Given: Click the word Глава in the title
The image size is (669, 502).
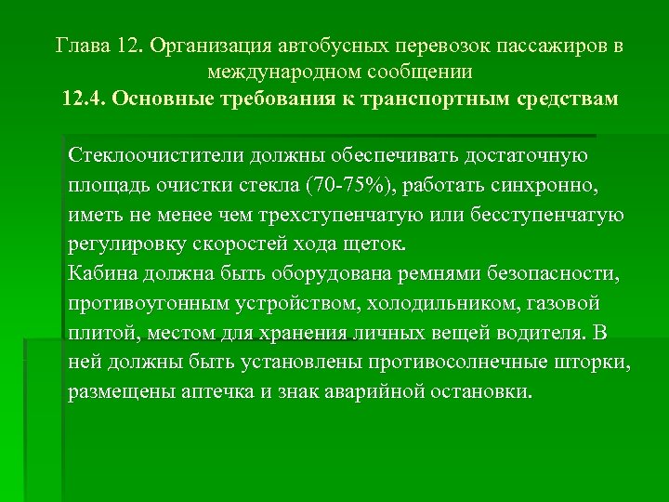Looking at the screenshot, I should [x=84, y=46].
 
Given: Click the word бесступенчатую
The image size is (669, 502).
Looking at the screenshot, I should [x=543, y=215].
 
